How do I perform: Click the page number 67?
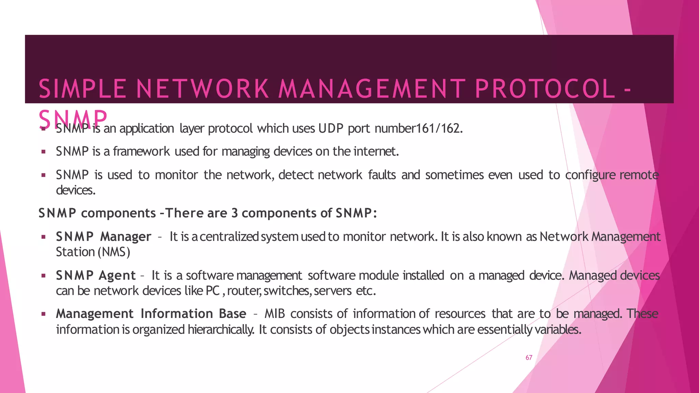[x=529, y=358]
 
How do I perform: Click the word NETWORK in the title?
[x=202, y=89]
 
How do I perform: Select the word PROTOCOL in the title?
[x=545, y=89]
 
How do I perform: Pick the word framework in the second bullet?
[x=141, y=151]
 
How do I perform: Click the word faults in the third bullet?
[x=382, y=175]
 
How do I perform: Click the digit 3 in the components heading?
[x=234, y=213]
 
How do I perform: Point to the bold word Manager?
[x=126, y=236]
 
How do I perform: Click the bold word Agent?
[x=117, y=275]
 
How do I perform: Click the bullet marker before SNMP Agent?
[x=43, y=275]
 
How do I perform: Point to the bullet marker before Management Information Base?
[x=43, y=314]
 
